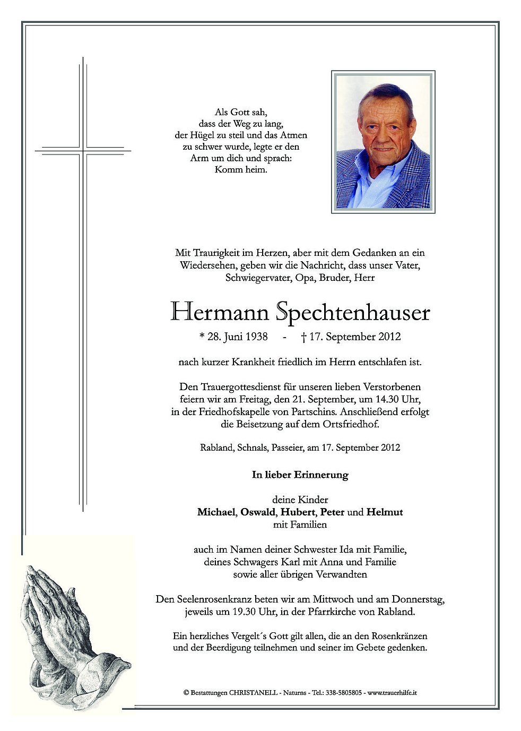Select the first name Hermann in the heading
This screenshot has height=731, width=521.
[x=220, y=312]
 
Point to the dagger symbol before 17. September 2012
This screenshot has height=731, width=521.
[x=303, y=337]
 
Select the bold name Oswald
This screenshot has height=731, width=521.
[x=258, y=512]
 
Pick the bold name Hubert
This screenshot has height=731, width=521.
[x=297, y=512]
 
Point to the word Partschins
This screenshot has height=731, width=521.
[x=316, y=411]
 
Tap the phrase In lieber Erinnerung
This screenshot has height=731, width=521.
[x=300, y=475]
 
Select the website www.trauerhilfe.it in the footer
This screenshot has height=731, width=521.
[x=392, y=693]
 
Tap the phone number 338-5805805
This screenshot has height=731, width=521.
[x=344, y=693]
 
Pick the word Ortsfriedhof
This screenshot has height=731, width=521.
[x=350, y=424]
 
